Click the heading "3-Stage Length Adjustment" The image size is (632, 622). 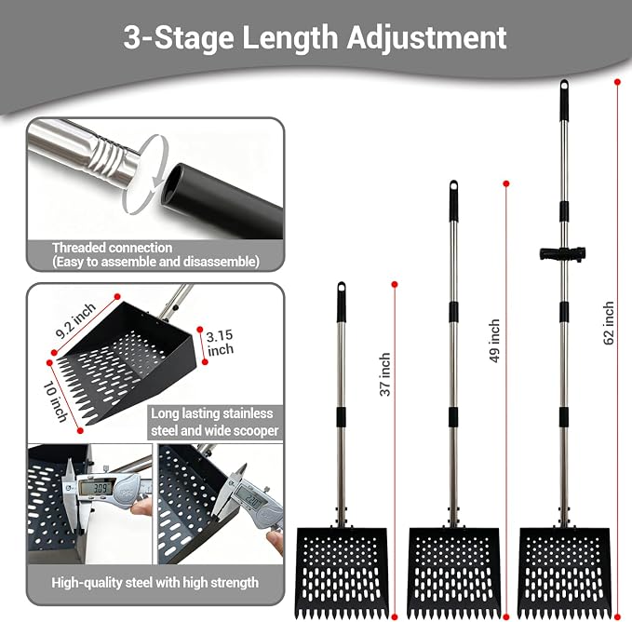click(x=315, y=39)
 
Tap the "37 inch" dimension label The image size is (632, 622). click(x=385, y=374)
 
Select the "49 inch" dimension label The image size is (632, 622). click(x=494, y=341)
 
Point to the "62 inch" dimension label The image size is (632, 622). click(x=609, y=323)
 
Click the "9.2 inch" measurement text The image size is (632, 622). click(x=75, y=320)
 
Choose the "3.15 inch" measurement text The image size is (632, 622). click(x=220, y=343)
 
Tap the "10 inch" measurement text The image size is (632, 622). click(x=56, y=401)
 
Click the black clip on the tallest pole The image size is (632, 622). click(x=562, y=254)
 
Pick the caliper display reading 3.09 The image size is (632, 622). click(x=96, y=489)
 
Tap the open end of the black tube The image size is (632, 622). click(x=174, y=184)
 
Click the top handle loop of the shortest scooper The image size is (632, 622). click(x=342, y=288)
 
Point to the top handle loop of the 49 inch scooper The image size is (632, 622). click(x=454, y=186)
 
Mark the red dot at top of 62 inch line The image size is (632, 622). click(x=617, y=82)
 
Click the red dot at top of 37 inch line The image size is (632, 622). click(x=395, y=285)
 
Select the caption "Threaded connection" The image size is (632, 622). click(x=112, y=248)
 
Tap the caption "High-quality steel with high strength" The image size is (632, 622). click(x=155, y=583)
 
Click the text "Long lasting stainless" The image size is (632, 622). click(x=212, y=413)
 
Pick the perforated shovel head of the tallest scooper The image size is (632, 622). click(x=564, y=573)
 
